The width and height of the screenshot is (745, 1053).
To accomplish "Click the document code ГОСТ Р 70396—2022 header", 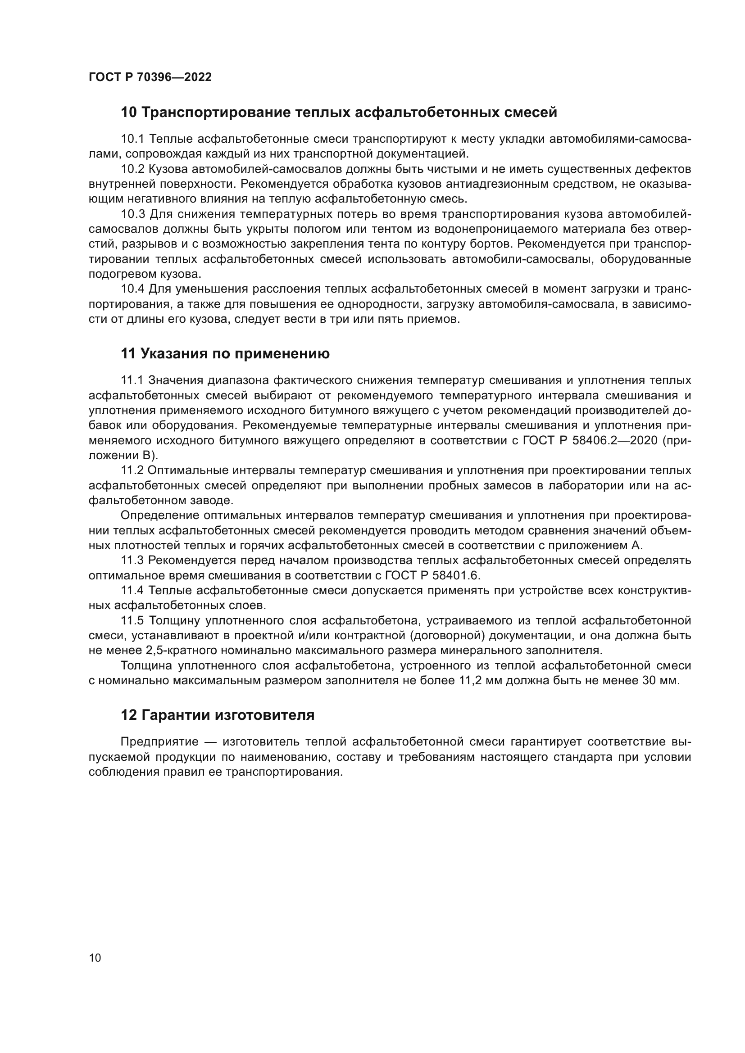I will (x=150, y=77).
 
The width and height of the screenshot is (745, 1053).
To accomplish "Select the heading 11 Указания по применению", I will (x=225, y=353).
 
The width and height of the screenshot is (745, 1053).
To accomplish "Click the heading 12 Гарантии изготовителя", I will (x=218, y=715).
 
